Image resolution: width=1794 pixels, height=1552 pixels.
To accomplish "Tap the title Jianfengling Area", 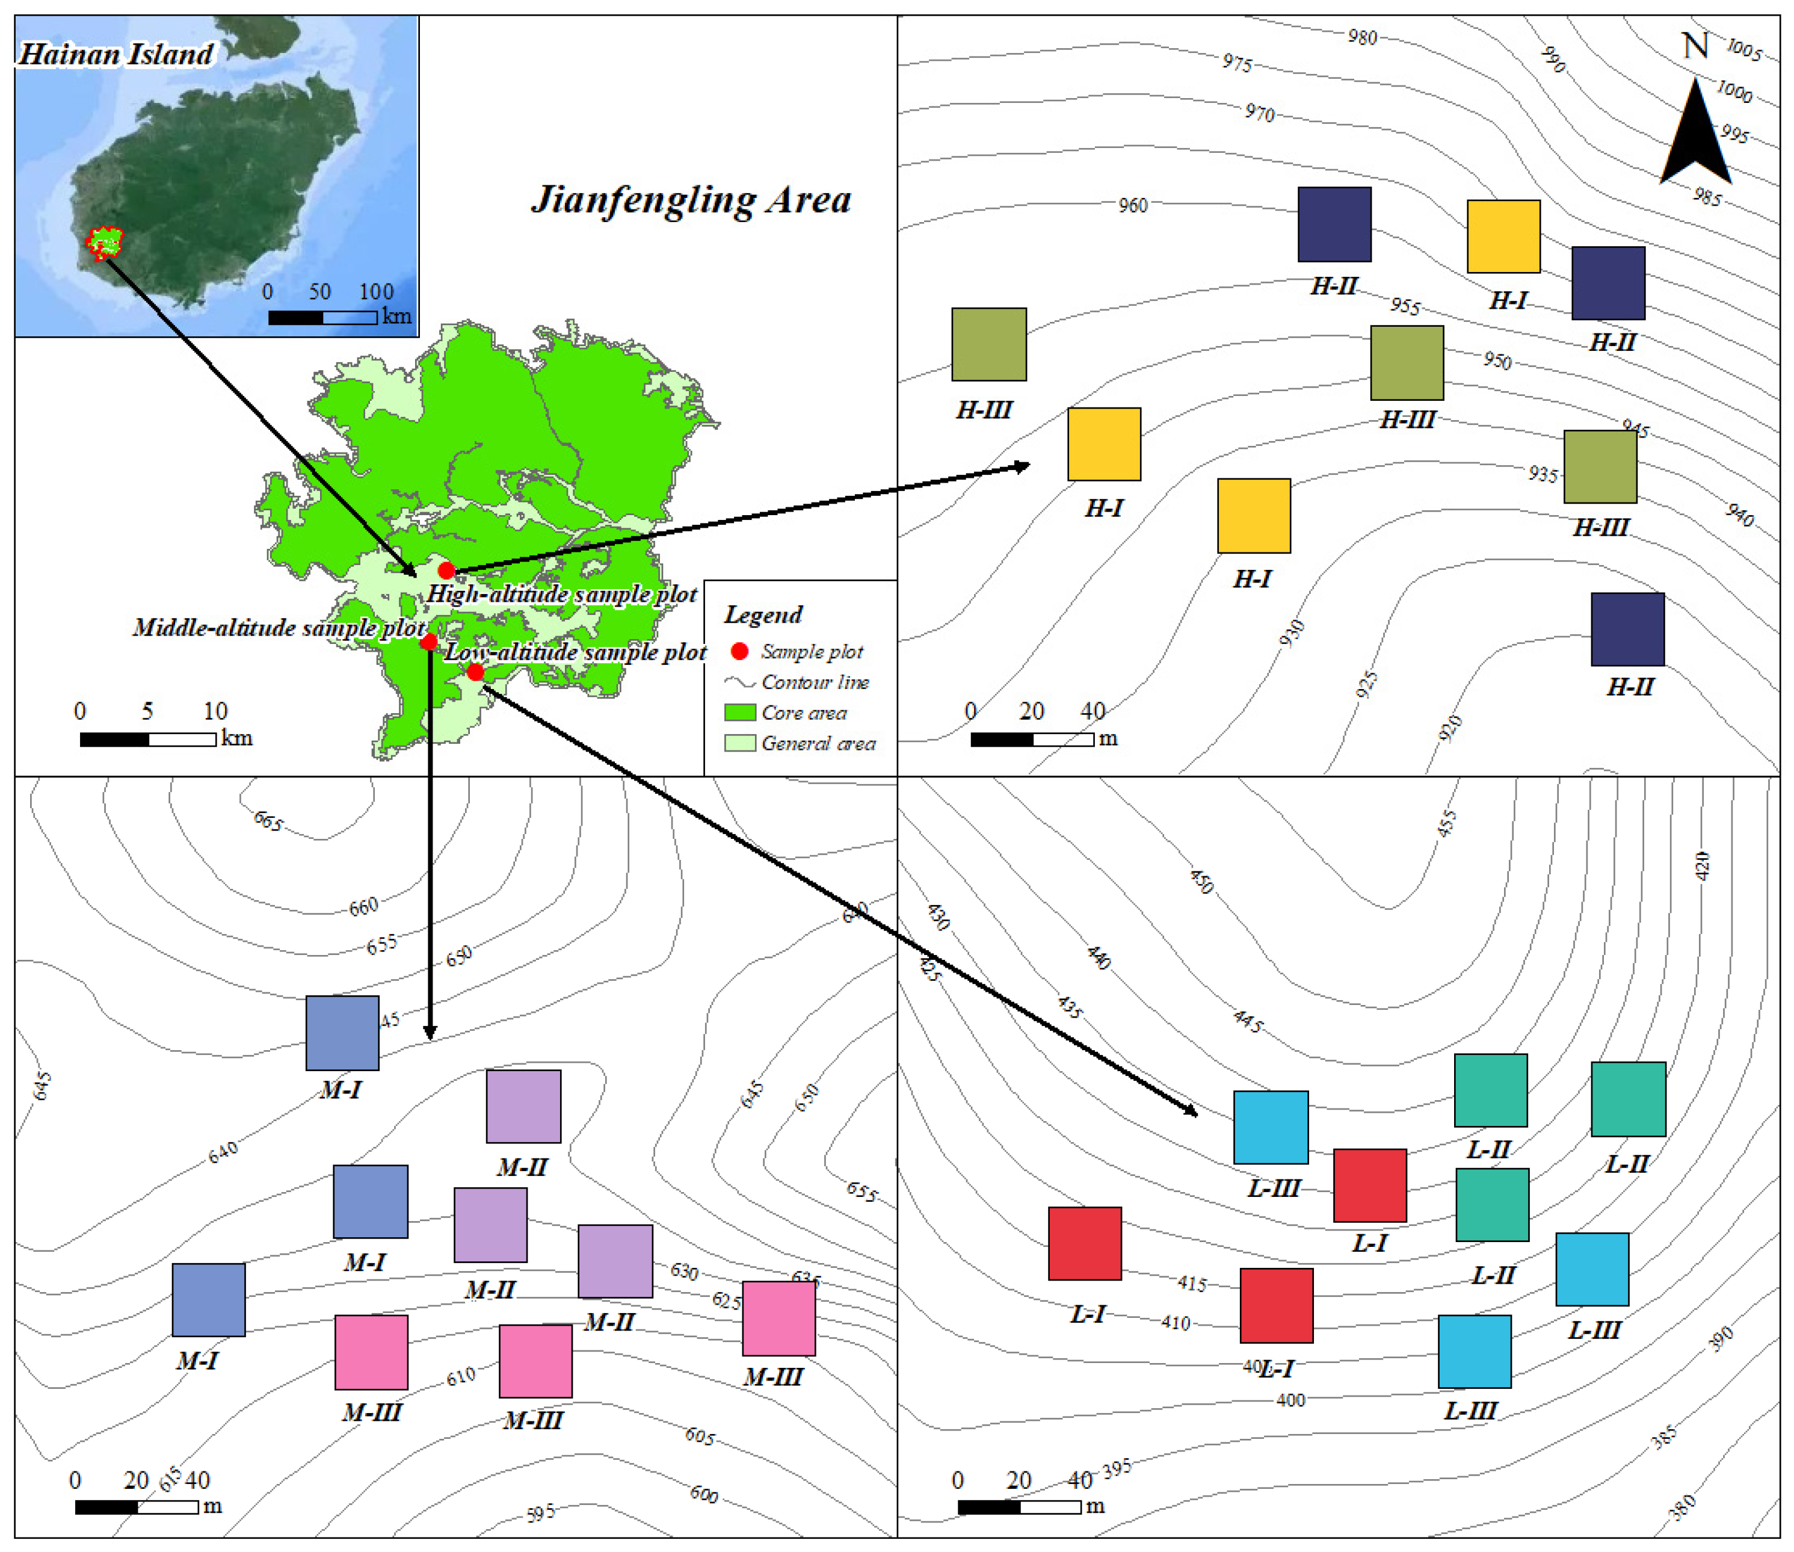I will coord(690,200).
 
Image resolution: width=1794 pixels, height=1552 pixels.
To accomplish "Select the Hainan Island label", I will coord(116,55).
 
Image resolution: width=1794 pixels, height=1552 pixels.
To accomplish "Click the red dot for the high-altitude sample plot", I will coord(446,570).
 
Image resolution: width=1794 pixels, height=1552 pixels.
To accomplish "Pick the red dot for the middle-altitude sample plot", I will coord(428,642).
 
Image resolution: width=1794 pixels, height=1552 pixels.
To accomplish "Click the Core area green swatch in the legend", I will coord(739,712).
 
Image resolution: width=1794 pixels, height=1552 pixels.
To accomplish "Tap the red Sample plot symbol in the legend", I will coord(739,651).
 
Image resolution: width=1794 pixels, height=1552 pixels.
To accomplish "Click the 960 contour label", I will coord(1132,205).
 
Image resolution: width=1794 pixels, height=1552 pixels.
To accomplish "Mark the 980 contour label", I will coord(1362,37).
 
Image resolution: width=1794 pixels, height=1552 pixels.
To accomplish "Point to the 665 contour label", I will coord(268,820).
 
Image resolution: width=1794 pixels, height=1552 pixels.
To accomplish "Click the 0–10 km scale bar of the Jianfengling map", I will coord(147,739).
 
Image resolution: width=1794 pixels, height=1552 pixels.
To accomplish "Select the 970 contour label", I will coord(1260,113).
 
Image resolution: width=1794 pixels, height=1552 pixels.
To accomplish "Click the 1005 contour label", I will coord(1744,50).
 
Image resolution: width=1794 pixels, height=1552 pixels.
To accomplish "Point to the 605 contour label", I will coord(700,1437).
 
